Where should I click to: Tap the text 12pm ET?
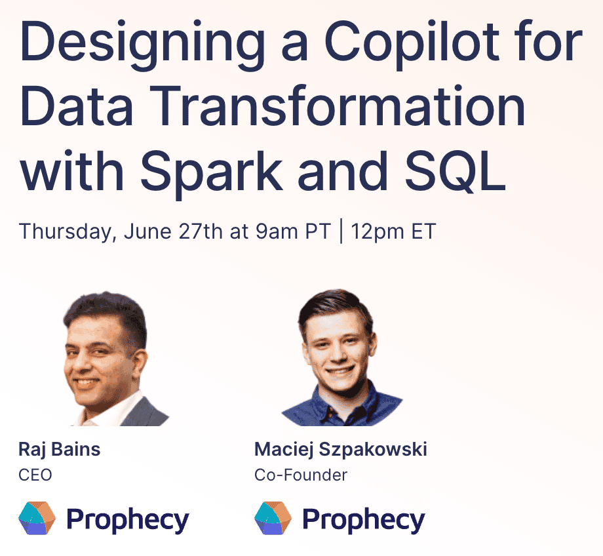[x=393, y=232]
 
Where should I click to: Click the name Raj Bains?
[x=60, y=450]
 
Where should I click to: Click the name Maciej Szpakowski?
[x=341, y=450]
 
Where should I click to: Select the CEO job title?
[x=35, y=474]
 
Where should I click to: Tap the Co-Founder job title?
[x=301, y=474]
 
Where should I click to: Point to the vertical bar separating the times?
[x=341, y=232]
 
